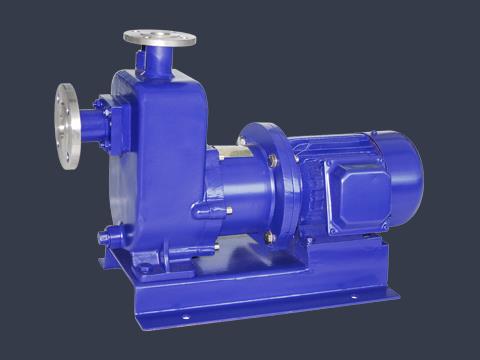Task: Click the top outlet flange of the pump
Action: point(159,38)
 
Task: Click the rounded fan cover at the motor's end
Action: point(404,179)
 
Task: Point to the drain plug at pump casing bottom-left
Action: point(105,238)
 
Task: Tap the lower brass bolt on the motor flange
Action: point(268,236)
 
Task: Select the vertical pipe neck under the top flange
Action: point(157,61)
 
